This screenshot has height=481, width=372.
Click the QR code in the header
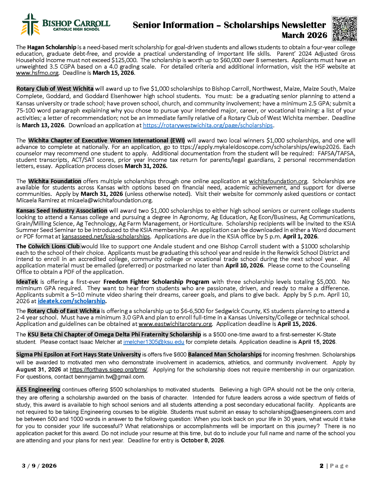coord(345,29)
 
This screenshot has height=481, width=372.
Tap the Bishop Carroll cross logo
coord(30,25)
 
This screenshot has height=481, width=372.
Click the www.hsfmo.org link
coord(37,73)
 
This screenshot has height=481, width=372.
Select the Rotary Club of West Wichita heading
coord(55,89)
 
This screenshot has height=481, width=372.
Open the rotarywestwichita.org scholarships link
coord(208,125)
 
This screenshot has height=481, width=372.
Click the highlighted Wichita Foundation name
coord(55,181)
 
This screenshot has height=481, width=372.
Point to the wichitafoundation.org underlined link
coord(278,181)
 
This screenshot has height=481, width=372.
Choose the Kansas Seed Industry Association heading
coord(62,211)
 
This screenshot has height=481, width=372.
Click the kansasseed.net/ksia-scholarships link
coord(106,236)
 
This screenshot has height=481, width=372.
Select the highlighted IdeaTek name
coord(27,282)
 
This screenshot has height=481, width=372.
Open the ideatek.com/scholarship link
coord(71,301)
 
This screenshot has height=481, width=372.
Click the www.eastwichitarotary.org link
coord(175,324)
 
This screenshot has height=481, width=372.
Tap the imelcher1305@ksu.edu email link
coord(154,342)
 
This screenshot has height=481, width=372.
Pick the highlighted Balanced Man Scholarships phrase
coord(225,354)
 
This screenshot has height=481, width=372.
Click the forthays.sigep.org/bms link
coord(109,369)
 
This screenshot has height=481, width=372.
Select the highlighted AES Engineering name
coord(38,390)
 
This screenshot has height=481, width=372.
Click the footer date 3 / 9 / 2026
coord(39,466)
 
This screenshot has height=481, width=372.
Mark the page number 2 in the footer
coord(322,466)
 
